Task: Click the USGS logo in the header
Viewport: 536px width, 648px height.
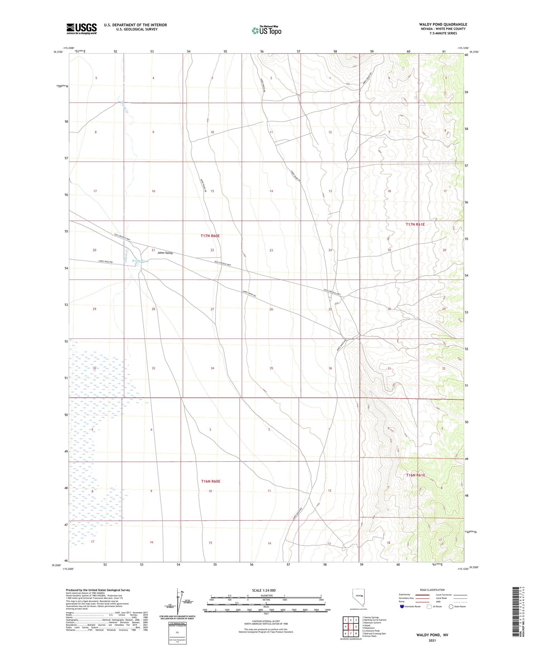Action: [x=81, y=29]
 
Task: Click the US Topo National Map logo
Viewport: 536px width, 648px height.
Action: [x=266, y=30]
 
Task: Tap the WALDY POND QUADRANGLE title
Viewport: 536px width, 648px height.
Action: [x=443, y=24]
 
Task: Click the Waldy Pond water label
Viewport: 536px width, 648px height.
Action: [x=140, y=261]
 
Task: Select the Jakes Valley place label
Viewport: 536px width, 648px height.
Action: [x=165, y=253]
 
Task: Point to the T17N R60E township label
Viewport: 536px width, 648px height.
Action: [x=210, y=236]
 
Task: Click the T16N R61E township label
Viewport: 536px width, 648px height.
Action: [x=416, y=475]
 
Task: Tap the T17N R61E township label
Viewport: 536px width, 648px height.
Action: [x=415, y=224]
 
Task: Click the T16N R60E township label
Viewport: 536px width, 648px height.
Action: [x=210, y=481]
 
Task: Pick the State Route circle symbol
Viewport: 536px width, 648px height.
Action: [x=451, y=607]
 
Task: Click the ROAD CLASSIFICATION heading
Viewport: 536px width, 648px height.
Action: [x=432, y=590]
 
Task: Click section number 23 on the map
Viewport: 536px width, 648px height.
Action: [x=271, y=250]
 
